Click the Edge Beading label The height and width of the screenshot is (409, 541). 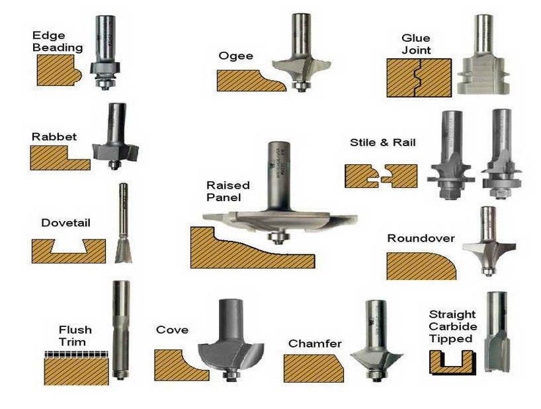(58, 41)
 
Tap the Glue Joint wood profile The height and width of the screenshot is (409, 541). (419, 78)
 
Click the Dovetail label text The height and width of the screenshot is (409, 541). (65, 223)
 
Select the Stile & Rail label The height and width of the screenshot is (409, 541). (383, 142)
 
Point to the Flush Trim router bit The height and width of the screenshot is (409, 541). (120, 331)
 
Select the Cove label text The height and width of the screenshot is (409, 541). (172, 330)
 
